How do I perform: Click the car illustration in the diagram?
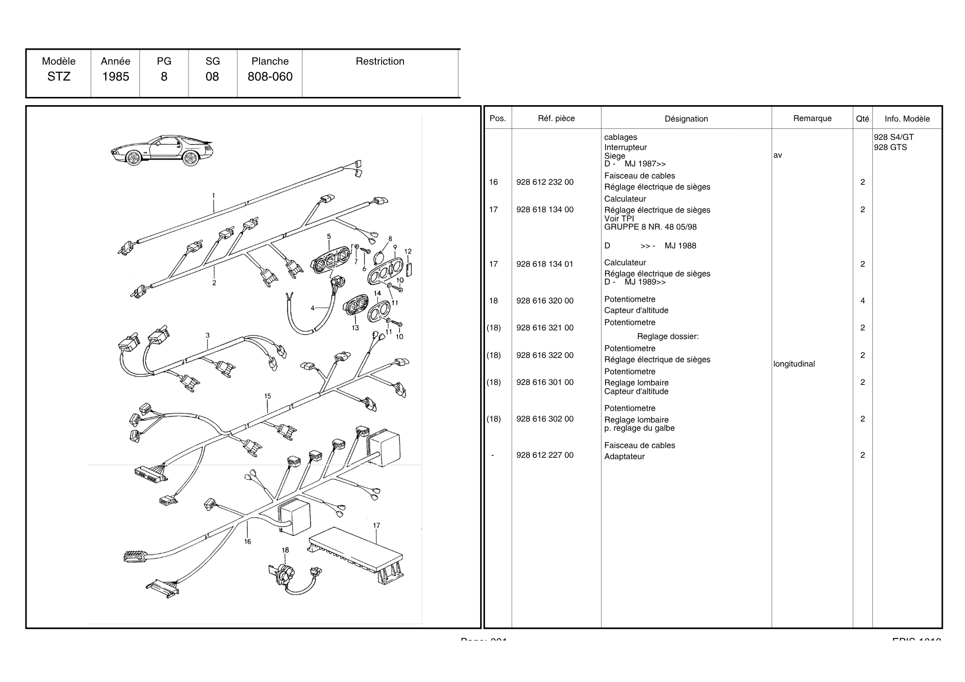click(162, 150)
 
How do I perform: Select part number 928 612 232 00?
click(545, 182)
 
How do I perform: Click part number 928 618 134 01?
click(545, 264)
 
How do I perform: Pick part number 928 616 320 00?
click(545, 301)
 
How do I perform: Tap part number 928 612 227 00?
click(545, 455)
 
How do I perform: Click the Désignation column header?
click(686, 119)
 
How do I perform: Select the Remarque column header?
click(812, 119)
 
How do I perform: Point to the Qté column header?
click(862, 119)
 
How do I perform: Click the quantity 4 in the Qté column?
click(862, 301)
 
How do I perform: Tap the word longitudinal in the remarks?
click(794, 364)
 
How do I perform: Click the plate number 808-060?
click(270, 77)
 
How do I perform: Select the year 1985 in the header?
click(115, 77)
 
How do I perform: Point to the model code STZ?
click(59, 77)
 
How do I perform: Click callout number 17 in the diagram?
click(376, 526)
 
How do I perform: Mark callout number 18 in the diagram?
click(285, 550)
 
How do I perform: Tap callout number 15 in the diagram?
click(268, 396)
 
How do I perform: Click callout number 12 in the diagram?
click(408, 251)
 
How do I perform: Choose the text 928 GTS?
click(890, 148)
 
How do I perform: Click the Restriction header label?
click(380, 61)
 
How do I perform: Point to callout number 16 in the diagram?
click(248, 542)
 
